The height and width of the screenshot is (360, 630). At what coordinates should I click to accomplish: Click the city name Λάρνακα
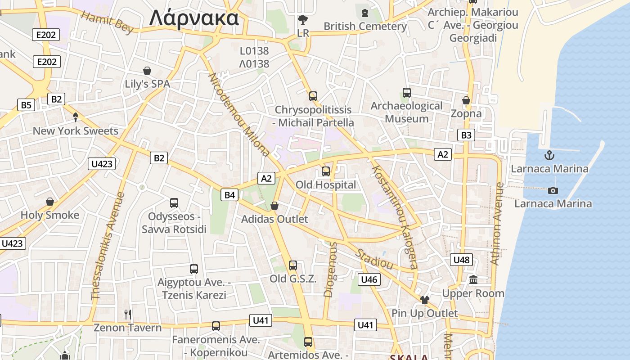tap(194, 18)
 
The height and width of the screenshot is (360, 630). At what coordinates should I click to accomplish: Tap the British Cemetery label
tap(365, 26)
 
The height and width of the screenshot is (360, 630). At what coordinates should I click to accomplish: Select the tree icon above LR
tap(303, 20)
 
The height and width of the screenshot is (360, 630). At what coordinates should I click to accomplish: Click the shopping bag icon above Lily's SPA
tap(147, 71)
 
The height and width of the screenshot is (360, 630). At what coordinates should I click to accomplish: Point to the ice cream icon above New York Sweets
tap(76, 117)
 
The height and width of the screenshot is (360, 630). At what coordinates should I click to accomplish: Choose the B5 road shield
tap(26, 105)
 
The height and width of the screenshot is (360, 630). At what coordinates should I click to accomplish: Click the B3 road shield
tap(466, 135)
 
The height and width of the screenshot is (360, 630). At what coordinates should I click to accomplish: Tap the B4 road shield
tap(229, 195)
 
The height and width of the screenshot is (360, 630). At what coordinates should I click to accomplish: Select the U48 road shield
tap(461, 260)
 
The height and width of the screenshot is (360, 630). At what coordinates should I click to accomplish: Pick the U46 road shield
tap(369, 279)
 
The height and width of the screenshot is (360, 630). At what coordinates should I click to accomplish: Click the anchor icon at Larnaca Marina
tap(549, 156)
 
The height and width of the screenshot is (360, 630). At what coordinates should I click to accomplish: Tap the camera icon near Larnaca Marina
tap(553, 190)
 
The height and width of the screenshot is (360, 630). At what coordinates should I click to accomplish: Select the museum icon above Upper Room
tap(473, 280)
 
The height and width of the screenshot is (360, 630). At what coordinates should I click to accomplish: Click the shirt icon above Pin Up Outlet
tap(424, 300)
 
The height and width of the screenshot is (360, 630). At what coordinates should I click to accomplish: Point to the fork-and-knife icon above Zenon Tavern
tap(128, 314)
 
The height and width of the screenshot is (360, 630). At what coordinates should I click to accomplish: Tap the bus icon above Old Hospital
tap(326, 171)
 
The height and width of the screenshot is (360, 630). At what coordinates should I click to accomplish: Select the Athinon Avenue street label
tap(496, 224)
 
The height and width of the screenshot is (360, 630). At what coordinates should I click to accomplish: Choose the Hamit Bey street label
tap(108, 22)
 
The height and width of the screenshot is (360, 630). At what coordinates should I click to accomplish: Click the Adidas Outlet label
tap(274, 219)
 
